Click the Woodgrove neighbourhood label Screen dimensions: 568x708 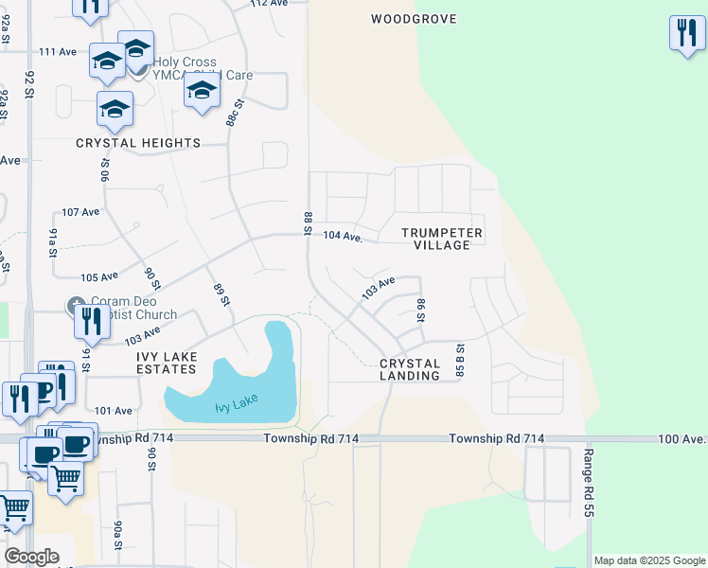414,19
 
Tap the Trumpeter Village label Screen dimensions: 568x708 442,239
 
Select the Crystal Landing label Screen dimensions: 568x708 410,369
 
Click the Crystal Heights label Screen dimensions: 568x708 138,143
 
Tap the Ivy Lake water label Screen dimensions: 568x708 236,406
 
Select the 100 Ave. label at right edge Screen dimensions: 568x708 684,439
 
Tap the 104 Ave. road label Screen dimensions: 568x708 344,237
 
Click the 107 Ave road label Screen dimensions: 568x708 80,212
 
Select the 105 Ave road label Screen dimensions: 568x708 98,277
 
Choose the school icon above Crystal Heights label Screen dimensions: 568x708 115,108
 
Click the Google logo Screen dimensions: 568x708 31,557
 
